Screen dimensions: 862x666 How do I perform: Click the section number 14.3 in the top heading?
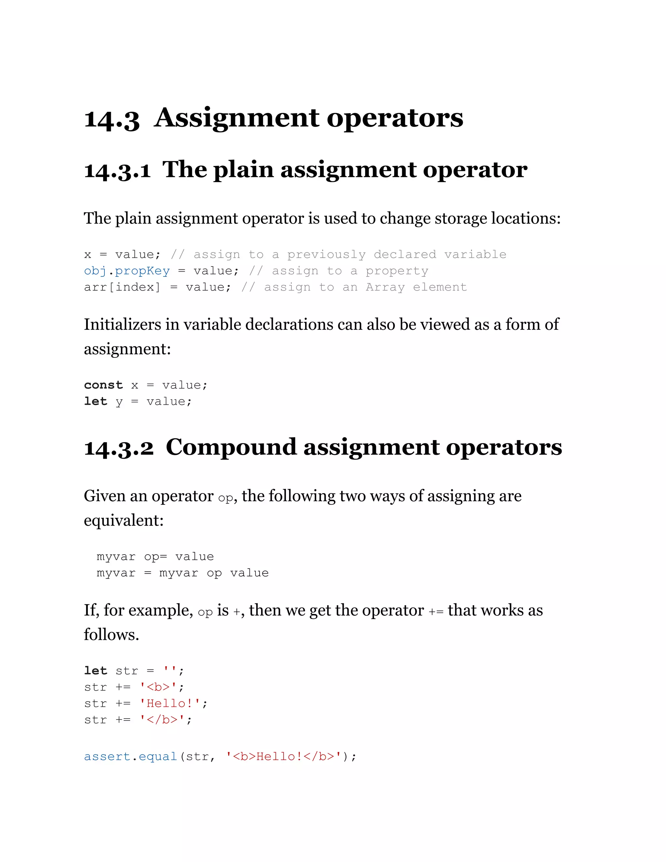coord(112,119)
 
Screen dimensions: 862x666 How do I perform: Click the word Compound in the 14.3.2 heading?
coord(231,447)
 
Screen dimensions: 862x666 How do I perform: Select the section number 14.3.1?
coord(117,170)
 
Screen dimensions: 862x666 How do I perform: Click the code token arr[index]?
coord(122,287)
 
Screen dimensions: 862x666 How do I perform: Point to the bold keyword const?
coord(103,385)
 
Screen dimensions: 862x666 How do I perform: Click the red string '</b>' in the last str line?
coord(162,720)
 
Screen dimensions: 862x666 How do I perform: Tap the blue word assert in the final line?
coord(107,756)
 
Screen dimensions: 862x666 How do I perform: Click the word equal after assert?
coord(157,756)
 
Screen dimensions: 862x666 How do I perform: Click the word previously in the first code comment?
coord(326,255)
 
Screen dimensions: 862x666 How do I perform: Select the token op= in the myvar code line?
coord(155,557)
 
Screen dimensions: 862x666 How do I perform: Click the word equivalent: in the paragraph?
coord(124,520)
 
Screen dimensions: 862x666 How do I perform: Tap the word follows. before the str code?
coord(111,635)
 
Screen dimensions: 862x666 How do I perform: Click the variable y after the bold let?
coord(119,402)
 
